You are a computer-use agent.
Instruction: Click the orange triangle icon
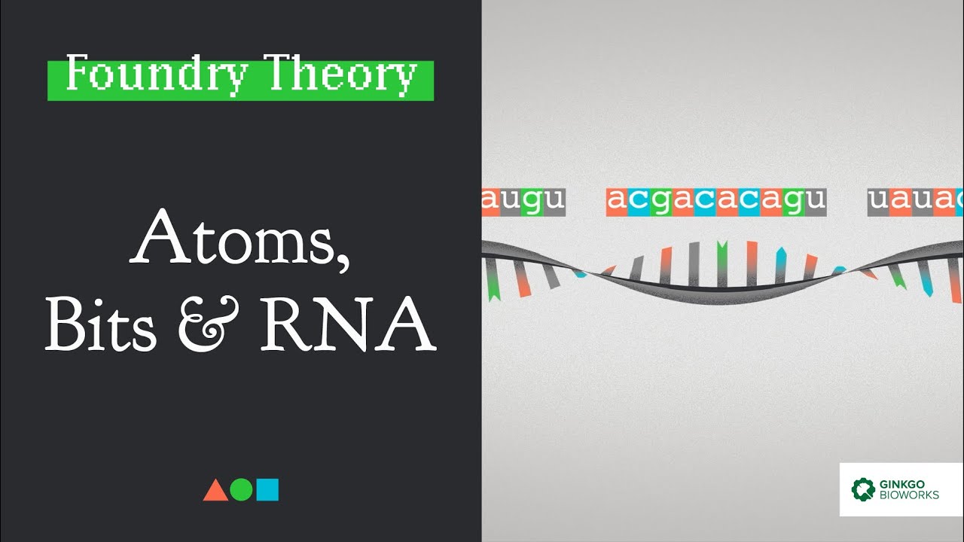[215, 490]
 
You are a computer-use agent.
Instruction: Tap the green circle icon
[241, 490]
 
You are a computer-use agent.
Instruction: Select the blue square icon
[267, 490]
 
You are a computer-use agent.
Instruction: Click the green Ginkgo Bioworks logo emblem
[863, 489]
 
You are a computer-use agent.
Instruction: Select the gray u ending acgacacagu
[816, 201]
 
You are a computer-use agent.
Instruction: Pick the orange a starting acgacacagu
[617, 201]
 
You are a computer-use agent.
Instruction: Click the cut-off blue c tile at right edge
[959, 201]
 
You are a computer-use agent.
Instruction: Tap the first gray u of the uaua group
[878, 201]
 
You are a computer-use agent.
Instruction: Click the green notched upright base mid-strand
[721, 261]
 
